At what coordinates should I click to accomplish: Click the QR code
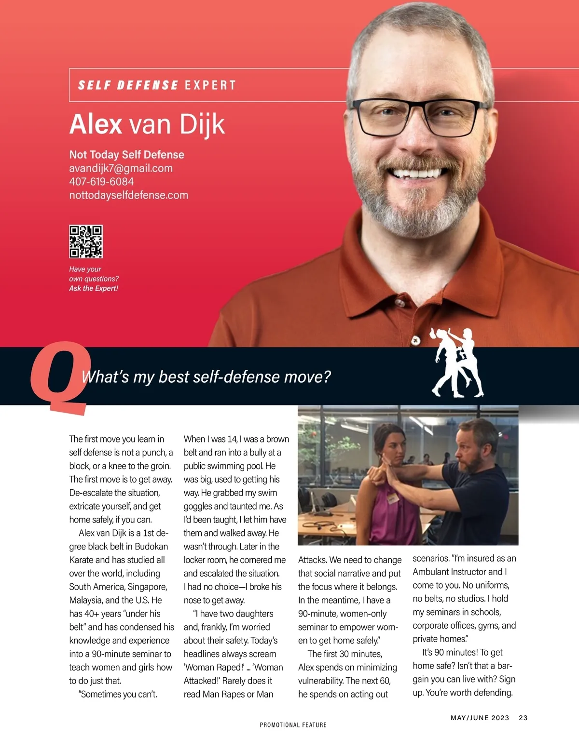click(x=86, y=241)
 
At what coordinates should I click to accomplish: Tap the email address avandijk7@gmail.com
click(x=121, y=168)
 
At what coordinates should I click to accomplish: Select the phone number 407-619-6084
click(x=101, y=182)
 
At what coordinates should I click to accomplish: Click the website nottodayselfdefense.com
click(x=128, y=195)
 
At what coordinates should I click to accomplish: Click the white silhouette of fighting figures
click(x=457, y=362)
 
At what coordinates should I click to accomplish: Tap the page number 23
click(x=523, y=718)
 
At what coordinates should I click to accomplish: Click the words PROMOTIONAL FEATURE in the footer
click(x=293, y=725)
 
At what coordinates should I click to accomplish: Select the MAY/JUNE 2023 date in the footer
click(x=480, y=718)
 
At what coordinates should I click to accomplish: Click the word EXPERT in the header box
click(x=210, y=85)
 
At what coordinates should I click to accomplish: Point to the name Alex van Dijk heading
click(x=147, y=124)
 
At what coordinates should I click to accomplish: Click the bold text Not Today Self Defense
click(x=126, y=155)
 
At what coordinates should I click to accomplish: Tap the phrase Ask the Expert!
click(x=94, y=288)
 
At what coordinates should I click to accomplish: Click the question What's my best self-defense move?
click(x=206, y=376)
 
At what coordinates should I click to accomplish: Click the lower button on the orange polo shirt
click(x=415, y=340)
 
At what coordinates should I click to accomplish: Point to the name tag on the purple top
click(x=392, y=497)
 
